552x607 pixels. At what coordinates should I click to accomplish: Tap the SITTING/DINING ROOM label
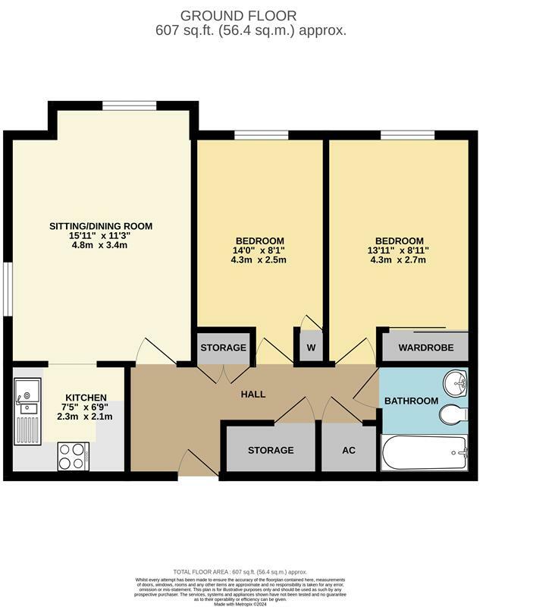point(101,226)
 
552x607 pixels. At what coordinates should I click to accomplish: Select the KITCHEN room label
point(86,398)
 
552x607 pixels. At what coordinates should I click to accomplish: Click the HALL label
point(253,395)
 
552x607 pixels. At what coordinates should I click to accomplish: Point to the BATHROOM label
point(411,401)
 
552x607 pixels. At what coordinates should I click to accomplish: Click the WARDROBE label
point(425,348)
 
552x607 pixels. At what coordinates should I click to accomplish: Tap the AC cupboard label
point(348,450)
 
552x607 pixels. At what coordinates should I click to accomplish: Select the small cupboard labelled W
point(311,348)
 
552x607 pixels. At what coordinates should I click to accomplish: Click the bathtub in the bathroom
point(424,454)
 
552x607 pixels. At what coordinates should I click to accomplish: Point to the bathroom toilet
point(453,414)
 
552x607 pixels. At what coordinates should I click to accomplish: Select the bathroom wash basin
point(457,382)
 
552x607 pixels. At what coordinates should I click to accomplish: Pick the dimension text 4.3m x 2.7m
point(397,260)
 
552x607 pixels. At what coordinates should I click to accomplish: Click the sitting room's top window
point(129,105)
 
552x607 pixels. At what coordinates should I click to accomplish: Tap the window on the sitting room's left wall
point(7,289)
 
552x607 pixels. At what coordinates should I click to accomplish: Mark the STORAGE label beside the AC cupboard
point(270,450)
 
